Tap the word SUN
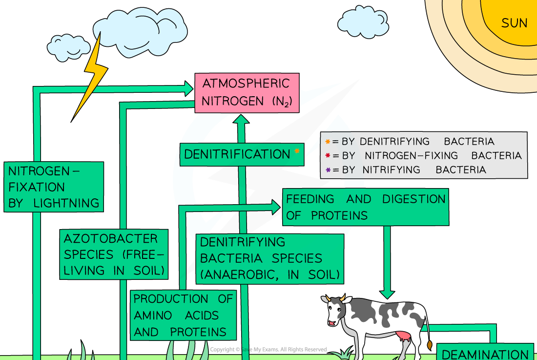coord(514,22)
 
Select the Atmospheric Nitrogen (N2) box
coord(247,92)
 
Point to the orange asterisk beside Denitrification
coord(297,152)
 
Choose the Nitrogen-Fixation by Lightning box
coord(54,187)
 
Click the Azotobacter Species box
coord(114,254)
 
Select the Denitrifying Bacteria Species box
coord(269,258)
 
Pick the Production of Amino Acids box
coord(183,315)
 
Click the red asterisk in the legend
coord(328,156)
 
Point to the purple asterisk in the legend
coord(328,169)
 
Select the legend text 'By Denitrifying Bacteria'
coord(418,142)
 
